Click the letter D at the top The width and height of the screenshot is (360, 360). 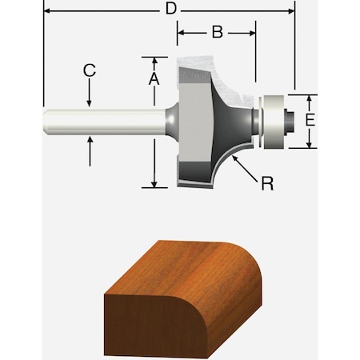pos(170,10)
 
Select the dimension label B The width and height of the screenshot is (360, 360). pos(216,33)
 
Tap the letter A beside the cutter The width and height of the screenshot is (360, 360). pos(154,78)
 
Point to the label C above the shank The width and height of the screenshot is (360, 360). pos(90,70)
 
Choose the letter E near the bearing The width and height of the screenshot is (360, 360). pos(312,120)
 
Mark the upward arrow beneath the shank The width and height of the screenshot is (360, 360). pos(90,141)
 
